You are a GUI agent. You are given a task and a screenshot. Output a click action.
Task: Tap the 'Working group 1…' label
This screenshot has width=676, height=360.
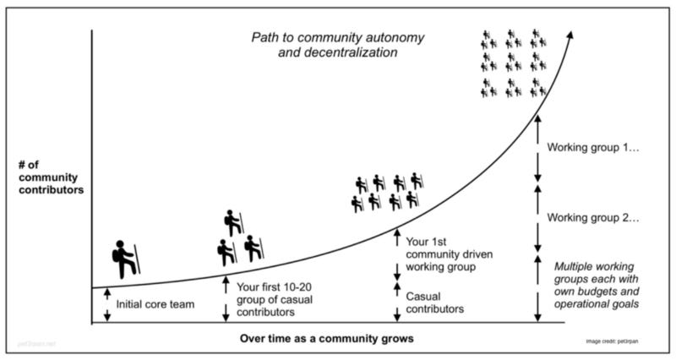[x=593, y=147]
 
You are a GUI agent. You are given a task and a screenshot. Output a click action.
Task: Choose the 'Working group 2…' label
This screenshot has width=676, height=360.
[x=593, y=217]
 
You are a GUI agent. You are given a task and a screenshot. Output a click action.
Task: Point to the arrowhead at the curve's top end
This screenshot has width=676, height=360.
[x=571, y=35]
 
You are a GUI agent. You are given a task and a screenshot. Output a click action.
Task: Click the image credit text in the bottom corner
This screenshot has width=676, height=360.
[x=619, y=340]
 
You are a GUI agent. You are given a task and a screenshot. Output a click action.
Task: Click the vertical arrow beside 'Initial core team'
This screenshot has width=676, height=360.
[x=107, y=304]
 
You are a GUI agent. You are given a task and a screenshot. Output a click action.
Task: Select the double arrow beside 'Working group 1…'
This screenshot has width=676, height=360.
[x=537, y=148]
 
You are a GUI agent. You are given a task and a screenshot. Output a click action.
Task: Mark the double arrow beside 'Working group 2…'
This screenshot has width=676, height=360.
[x=537, y=217]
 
